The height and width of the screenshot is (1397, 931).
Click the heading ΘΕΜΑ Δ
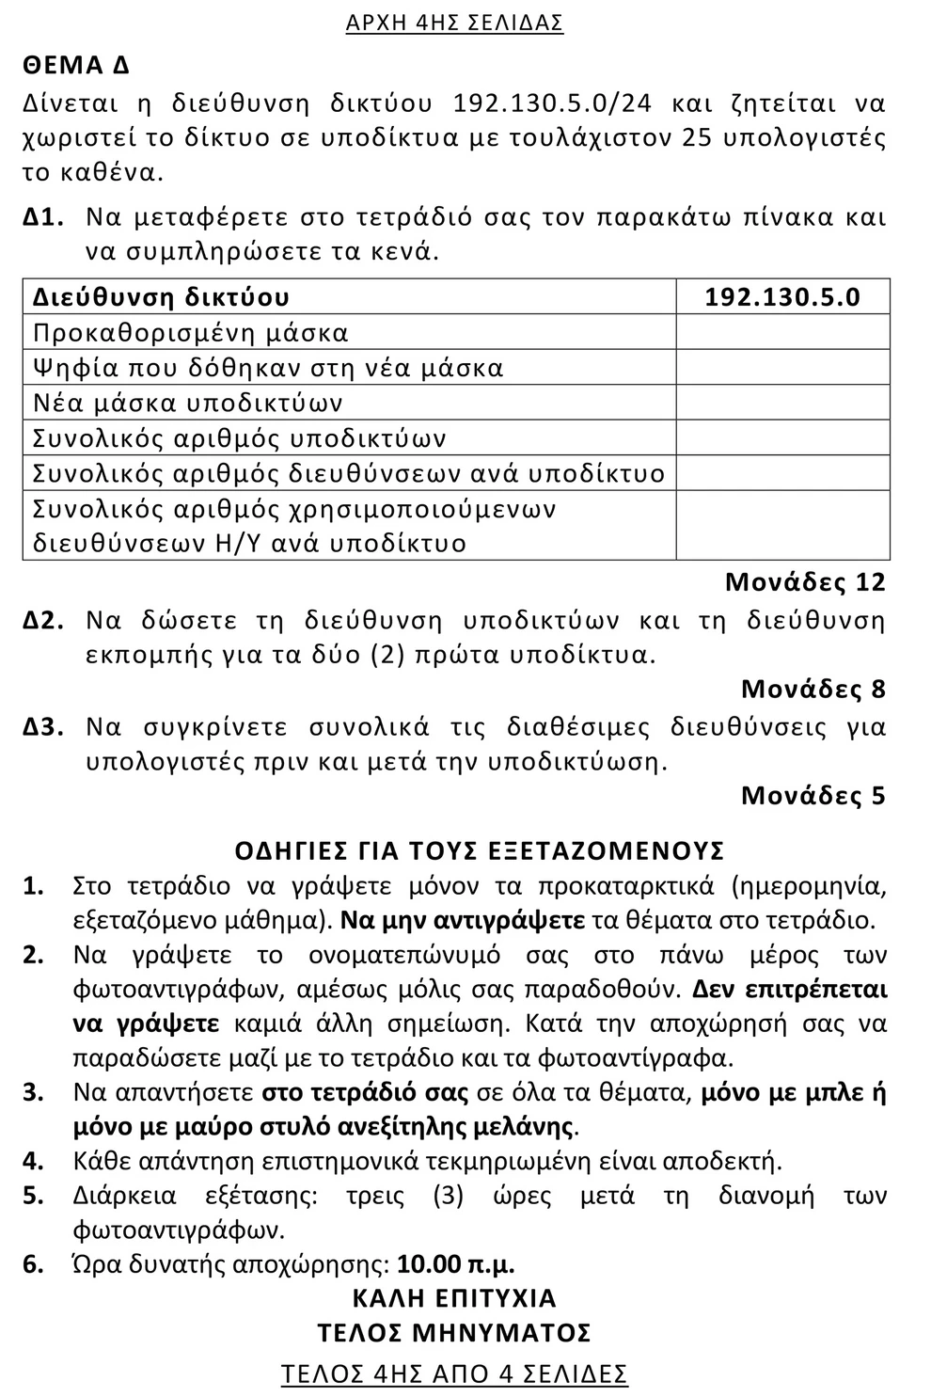pyautogui.click(x=76, y=66)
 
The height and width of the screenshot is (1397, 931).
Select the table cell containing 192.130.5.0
pyautogui.click(x=782, y=297)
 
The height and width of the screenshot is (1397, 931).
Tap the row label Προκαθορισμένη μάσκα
pyautogui.click(x=191, y=333)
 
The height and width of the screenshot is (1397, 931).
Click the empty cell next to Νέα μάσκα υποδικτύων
pyautogui.click(x=782, y=404)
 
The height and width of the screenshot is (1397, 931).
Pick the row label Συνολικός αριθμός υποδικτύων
pyautogui.click(x=240, y=438)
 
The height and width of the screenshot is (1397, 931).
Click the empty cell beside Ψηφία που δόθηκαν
pyautogui.click(x=782, y=368)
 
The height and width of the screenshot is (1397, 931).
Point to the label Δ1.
pyautogui.click(x=43, y=218)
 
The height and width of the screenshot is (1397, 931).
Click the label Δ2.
pyautogui.click(x=43, y=621)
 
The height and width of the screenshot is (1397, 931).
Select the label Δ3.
pyautogui.click(x=43, y=727)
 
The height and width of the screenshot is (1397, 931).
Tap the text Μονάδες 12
pyautogui.click(x=805, y=582)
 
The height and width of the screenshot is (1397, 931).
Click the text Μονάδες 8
pyautogui.click(x=813, y=690)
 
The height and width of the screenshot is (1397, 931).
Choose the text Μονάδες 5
pyautogui.click(x=813, y=796)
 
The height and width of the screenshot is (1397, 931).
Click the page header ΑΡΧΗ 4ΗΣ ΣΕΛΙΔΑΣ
pyautogui.click(x=454, y=24)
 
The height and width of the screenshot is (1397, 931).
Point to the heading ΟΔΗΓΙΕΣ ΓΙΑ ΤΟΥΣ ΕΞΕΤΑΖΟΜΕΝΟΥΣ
pyautogui.click(x=480, y=850)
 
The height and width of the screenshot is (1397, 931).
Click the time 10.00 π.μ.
pyautogui.click(x=456, y=1263)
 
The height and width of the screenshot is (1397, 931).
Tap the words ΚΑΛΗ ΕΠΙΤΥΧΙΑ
pyautogui.click(x=454, y=1298)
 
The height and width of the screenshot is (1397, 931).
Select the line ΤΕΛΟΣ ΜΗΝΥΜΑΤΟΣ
pyautogui.click(x=454, y=1333)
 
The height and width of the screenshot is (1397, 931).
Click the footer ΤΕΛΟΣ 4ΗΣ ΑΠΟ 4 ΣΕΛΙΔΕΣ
pyautogui.click(x=454, y=1374)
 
